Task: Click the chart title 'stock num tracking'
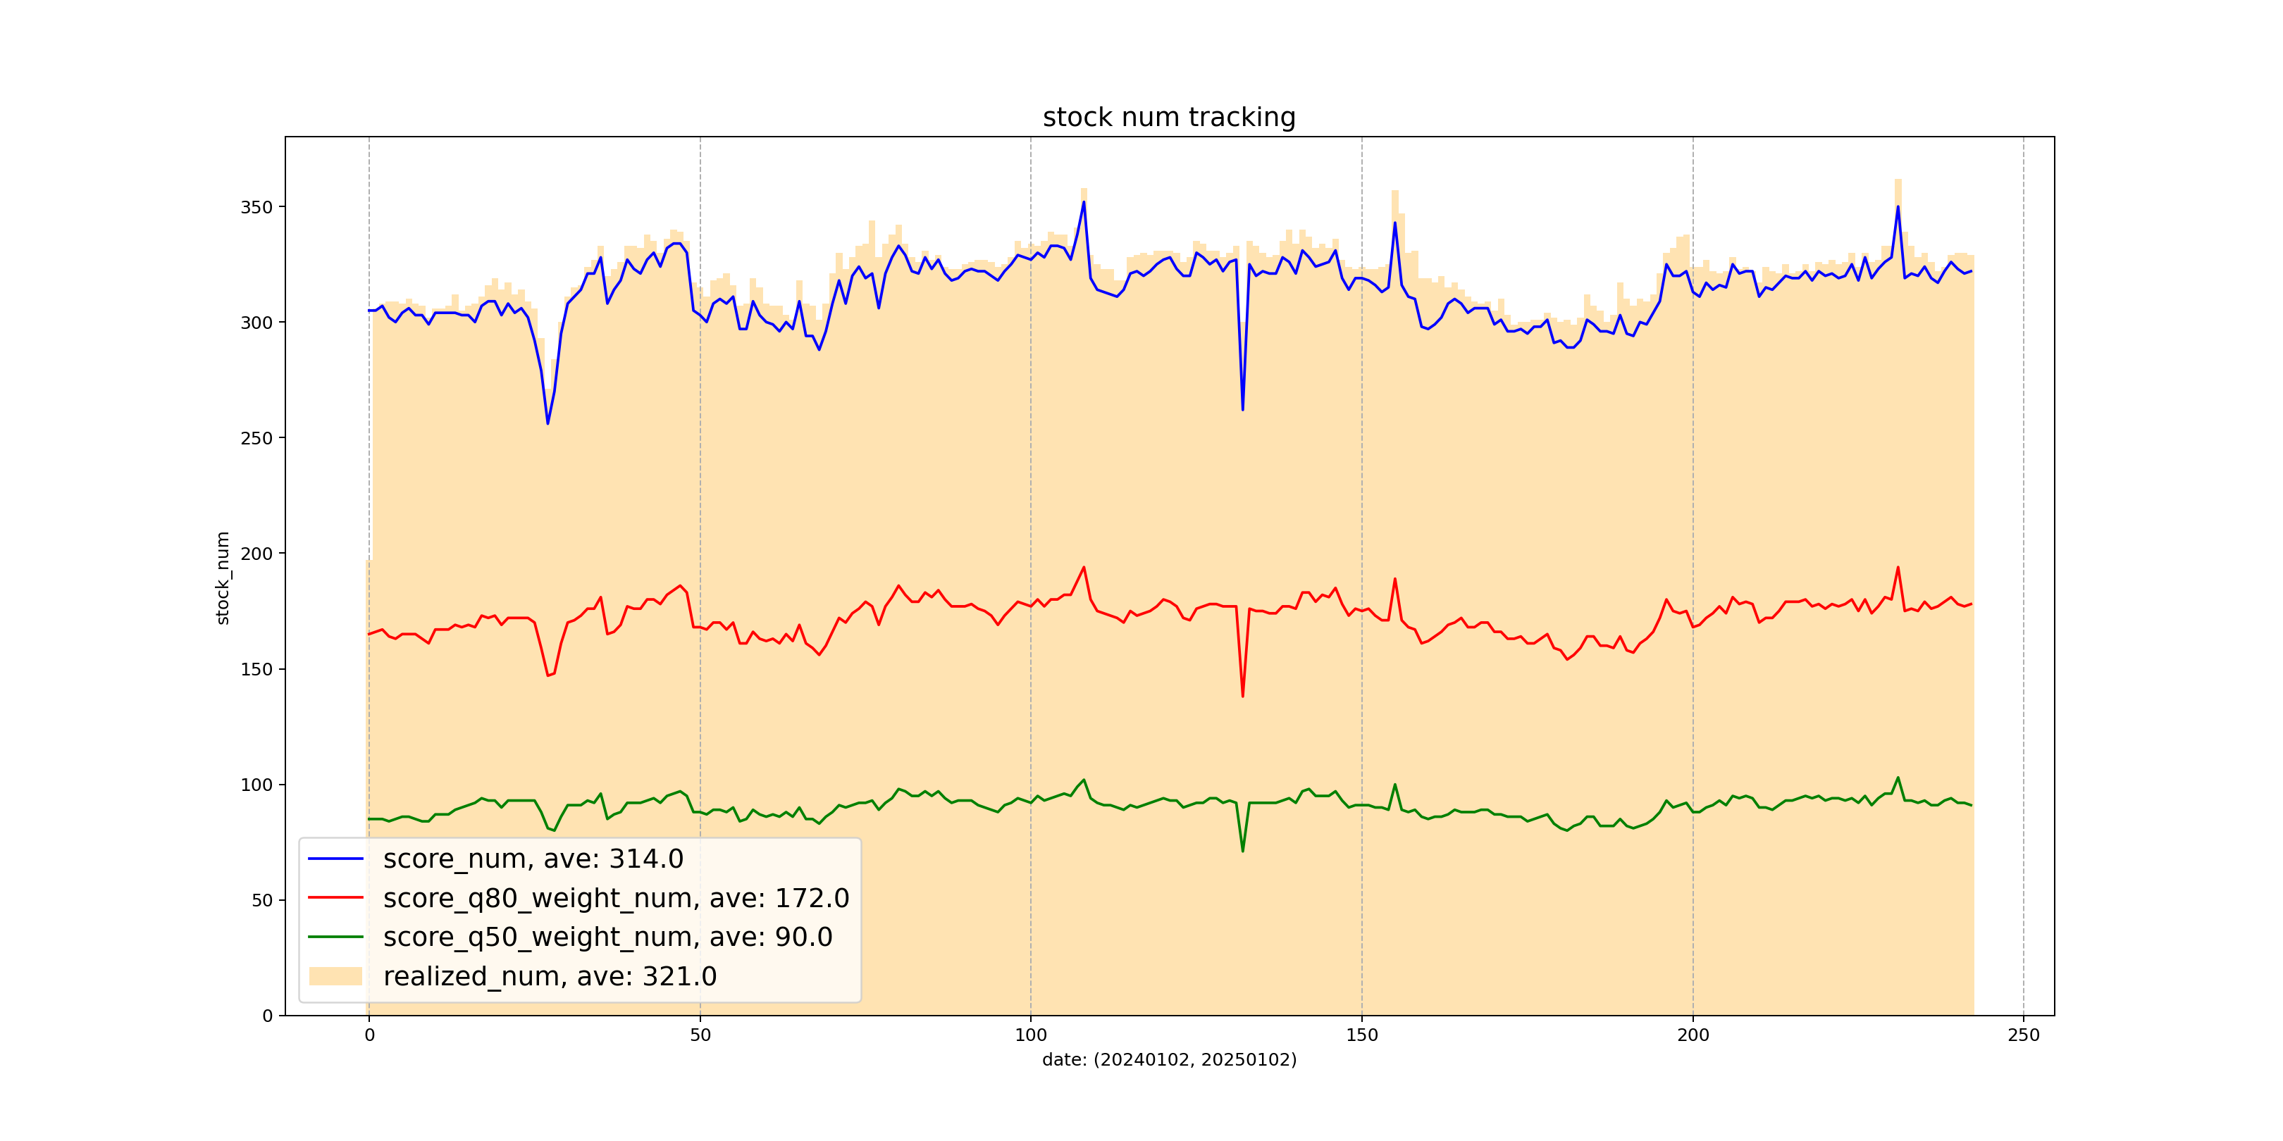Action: click(1168, 117)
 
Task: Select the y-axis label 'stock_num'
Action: click(223, 578)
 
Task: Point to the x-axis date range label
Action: click(1168, 1059)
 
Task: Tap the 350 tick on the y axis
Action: click(256, 207)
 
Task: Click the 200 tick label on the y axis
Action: click(256, 554)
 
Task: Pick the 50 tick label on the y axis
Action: click(261, 900)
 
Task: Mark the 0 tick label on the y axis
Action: click(267, 1016)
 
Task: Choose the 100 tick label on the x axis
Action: click(1030, 1035)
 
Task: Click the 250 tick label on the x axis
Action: click(2022, 1035)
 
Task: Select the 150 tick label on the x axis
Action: click(1361, 1035)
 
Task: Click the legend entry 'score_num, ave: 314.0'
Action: click(533, 859)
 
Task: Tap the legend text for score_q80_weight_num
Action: click(616, 897)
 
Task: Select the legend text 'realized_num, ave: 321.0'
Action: click(550, 976)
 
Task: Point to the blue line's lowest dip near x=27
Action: click(547, 423)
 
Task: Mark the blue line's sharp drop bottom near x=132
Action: click(1242, 409)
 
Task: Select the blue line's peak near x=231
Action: click(1898, 206)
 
